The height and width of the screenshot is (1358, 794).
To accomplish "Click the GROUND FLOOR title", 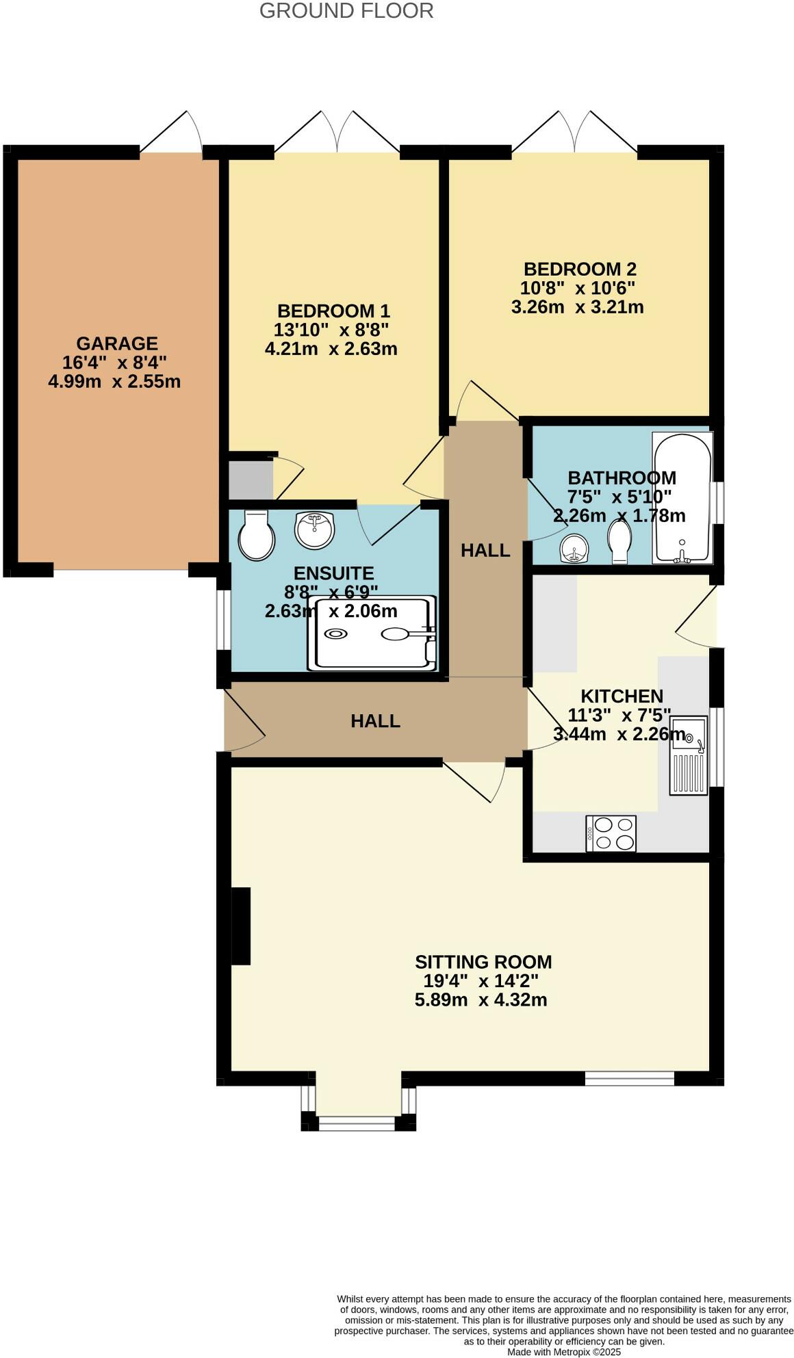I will click(x=346, y=11).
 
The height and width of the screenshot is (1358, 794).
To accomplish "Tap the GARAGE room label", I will click(x=117, y=343).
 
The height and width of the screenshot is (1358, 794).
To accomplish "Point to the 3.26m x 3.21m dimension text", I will click(x=577, y=306).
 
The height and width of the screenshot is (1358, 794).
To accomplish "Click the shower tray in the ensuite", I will click(x=372, y=633).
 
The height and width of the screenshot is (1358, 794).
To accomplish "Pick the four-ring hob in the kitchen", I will click(x=611, y=833).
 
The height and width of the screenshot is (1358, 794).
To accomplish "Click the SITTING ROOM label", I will click(x=483, y=961).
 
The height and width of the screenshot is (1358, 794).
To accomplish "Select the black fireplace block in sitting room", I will click(x=241, y=925).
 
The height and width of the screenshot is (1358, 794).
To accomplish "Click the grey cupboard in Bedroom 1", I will click(x=250, y=480).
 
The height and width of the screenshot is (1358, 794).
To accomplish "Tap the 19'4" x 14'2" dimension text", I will click(x=481, y=980).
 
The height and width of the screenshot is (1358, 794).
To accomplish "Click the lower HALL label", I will click(x=375, y=720).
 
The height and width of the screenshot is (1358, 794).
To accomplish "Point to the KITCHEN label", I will click(x=622, y=696).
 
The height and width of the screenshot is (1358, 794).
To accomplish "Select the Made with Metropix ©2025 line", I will click(x=563, y=1352).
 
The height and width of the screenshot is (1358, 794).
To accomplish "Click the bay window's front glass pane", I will click(x=357, y=1122).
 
